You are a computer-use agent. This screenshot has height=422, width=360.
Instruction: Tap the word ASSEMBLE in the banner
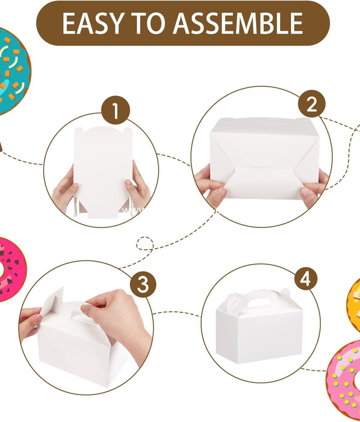click(238, 23)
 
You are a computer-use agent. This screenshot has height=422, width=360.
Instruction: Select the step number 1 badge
click(115, 111)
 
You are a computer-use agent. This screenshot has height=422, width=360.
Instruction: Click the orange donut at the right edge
click(355, 303)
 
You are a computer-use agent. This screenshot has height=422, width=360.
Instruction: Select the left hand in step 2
click(210, 186)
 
